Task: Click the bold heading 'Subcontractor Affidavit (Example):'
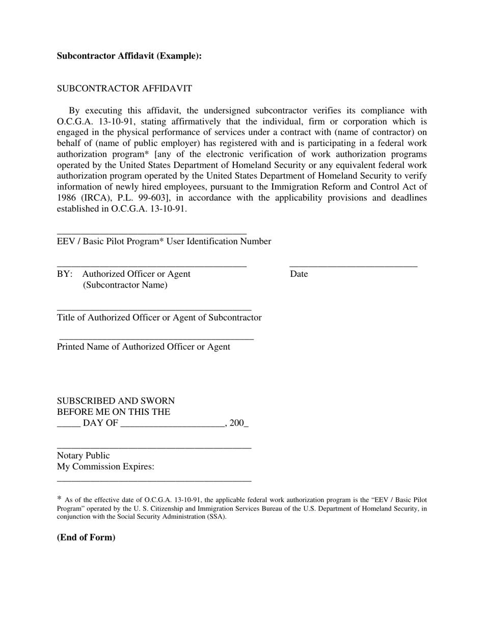point(129,56)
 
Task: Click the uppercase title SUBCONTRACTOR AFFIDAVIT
point(124,89)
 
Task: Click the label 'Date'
point(299,274)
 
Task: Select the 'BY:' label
point(65,274)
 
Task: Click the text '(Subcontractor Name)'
point(125,285)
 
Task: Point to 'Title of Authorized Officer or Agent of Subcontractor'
point(159,318)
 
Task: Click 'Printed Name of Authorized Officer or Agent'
point(143,347)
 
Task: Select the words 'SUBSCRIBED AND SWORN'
point(116,401)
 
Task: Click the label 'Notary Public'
point(83,456)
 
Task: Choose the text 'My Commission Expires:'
point(105,467)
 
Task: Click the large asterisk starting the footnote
point(59,499)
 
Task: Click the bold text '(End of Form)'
point(86,537)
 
